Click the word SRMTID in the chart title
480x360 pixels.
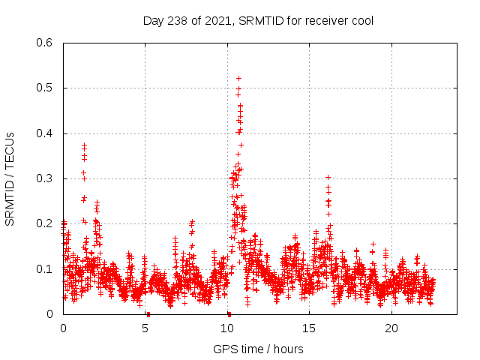265,20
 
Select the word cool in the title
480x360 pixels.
361,20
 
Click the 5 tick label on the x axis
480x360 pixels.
145,328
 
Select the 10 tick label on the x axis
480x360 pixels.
227,328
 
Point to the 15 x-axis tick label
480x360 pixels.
310,328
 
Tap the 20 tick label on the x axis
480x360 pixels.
391,328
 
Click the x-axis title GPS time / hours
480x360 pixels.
259,349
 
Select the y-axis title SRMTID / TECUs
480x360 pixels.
10,178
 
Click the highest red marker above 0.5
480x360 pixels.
238,78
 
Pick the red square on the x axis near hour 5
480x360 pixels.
148,314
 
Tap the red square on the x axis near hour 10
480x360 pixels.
229,314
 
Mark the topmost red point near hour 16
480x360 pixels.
328,178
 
